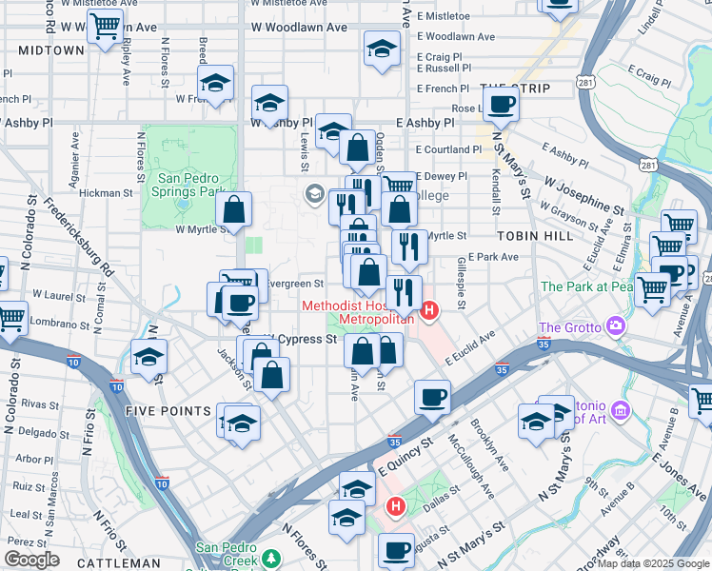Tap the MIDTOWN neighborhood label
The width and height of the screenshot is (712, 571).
51,49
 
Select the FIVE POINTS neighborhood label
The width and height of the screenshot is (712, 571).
167,411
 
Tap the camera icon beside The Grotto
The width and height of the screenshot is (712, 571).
616,327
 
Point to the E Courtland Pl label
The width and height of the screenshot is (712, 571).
449,149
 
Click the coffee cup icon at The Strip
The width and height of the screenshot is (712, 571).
501,105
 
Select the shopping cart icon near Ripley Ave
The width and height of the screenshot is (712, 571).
105,27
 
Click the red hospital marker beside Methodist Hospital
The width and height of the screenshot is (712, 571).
429,310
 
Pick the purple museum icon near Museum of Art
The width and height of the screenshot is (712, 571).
621,411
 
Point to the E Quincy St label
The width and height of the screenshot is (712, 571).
405,455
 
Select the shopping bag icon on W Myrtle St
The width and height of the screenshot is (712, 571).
234,210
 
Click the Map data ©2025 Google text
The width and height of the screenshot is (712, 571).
652,563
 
